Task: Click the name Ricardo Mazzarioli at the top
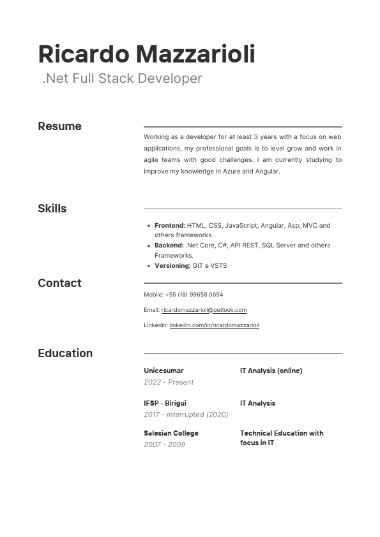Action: (146, 54)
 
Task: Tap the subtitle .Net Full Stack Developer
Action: (122, 78)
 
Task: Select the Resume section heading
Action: (59, 126)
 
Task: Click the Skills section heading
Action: (52, 209)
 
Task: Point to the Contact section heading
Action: (59, 283)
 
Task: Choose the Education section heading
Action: (65, 353)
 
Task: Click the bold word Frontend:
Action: (170, 226)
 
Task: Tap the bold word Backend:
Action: (169, 246)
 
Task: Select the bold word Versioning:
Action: (172, 266)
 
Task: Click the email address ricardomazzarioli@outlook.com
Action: (204, 310)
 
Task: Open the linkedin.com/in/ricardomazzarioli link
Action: (214, 325)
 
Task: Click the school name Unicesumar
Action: (163, 371)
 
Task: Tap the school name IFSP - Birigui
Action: (165, 403)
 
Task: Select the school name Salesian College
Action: (171, 433)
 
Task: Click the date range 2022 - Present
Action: (169, 382)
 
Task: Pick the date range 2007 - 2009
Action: (164, 445)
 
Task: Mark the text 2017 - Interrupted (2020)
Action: (186, 415)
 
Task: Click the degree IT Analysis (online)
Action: (271, 371)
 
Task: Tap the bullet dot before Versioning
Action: (148, 266)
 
